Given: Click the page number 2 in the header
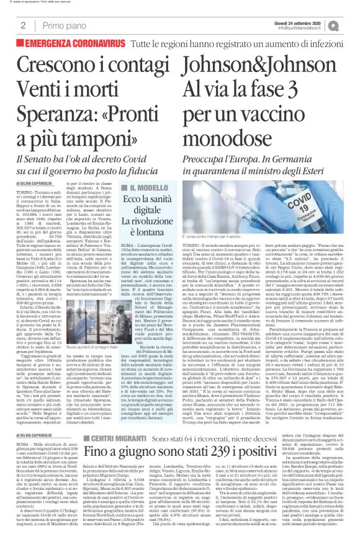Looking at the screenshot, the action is pyautogui.click(x=22, y=25).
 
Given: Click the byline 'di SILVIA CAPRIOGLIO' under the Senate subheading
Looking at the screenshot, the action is pyautogui.click(x=34, y=184).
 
